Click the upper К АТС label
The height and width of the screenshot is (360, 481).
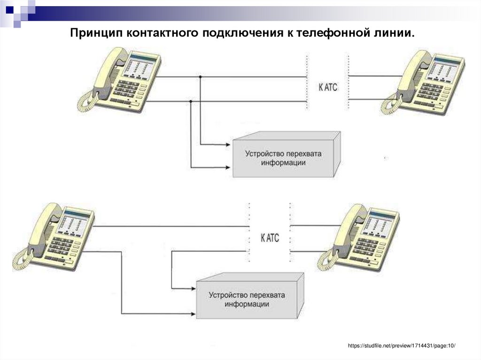[x=328, y=87]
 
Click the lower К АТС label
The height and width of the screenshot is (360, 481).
[x=270, y=238]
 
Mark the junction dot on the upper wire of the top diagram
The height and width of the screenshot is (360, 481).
[x=201, y=77]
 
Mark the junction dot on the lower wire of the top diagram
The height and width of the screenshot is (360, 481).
[x=191, y=101]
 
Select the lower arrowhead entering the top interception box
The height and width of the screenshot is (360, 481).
[x=230, y=167]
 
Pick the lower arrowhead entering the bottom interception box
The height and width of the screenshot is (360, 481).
[x=193, y=313]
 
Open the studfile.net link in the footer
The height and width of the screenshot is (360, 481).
[x=402, y=345]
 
